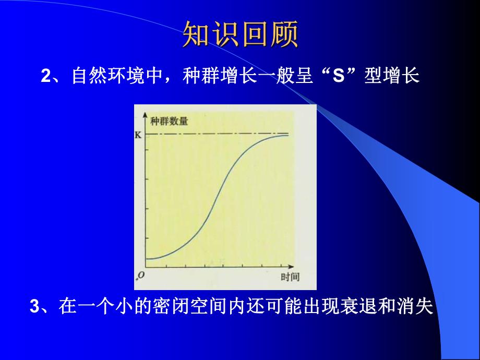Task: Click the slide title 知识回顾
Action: coord(240,34)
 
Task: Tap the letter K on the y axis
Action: coord(138,135)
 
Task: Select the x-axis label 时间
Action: coord(290,277)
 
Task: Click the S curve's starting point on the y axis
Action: coord(147,258)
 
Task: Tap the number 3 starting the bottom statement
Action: coord(34,306)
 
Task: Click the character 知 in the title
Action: coord(196,34)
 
